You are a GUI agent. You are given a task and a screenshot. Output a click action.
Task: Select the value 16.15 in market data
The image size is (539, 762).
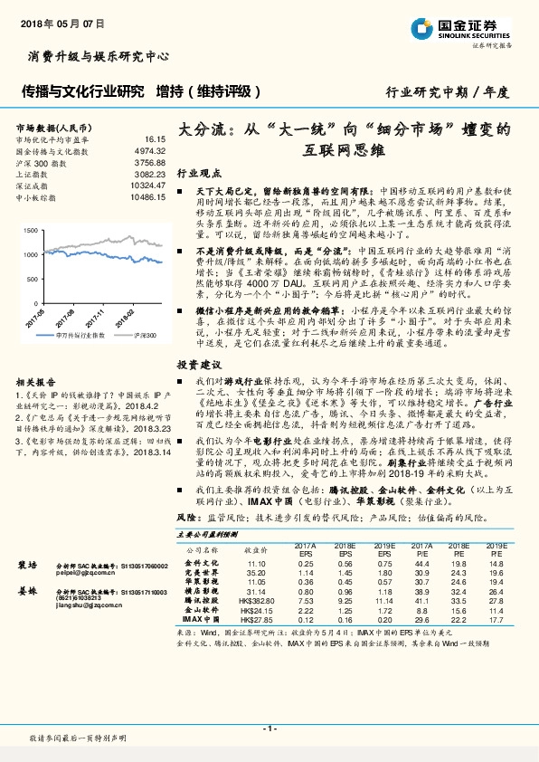(156, 139)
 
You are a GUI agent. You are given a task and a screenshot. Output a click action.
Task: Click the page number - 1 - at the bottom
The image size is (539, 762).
(269, 729)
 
